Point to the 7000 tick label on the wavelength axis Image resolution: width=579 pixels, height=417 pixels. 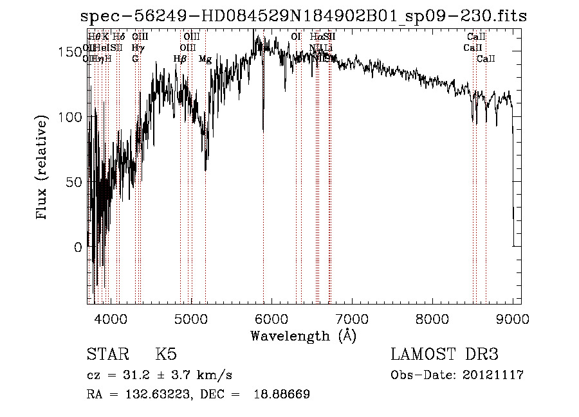click(352, 318)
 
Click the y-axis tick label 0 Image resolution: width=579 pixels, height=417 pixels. click(78, 247)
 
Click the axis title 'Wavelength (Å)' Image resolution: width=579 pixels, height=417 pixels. click(303, 335)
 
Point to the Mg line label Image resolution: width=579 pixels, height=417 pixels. click(205, 59)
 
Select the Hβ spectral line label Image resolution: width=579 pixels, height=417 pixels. click(180, 59)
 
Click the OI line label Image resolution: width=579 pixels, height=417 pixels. click(296, 37)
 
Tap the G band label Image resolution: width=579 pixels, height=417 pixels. click(135, 59)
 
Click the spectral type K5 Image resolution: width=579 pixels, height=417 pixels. click(166, 355)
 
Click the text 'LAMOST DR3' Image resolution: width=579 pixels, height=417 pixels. click(444, 355)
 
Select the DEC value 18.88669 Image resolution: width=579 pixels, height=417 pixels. click(283, 394)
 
